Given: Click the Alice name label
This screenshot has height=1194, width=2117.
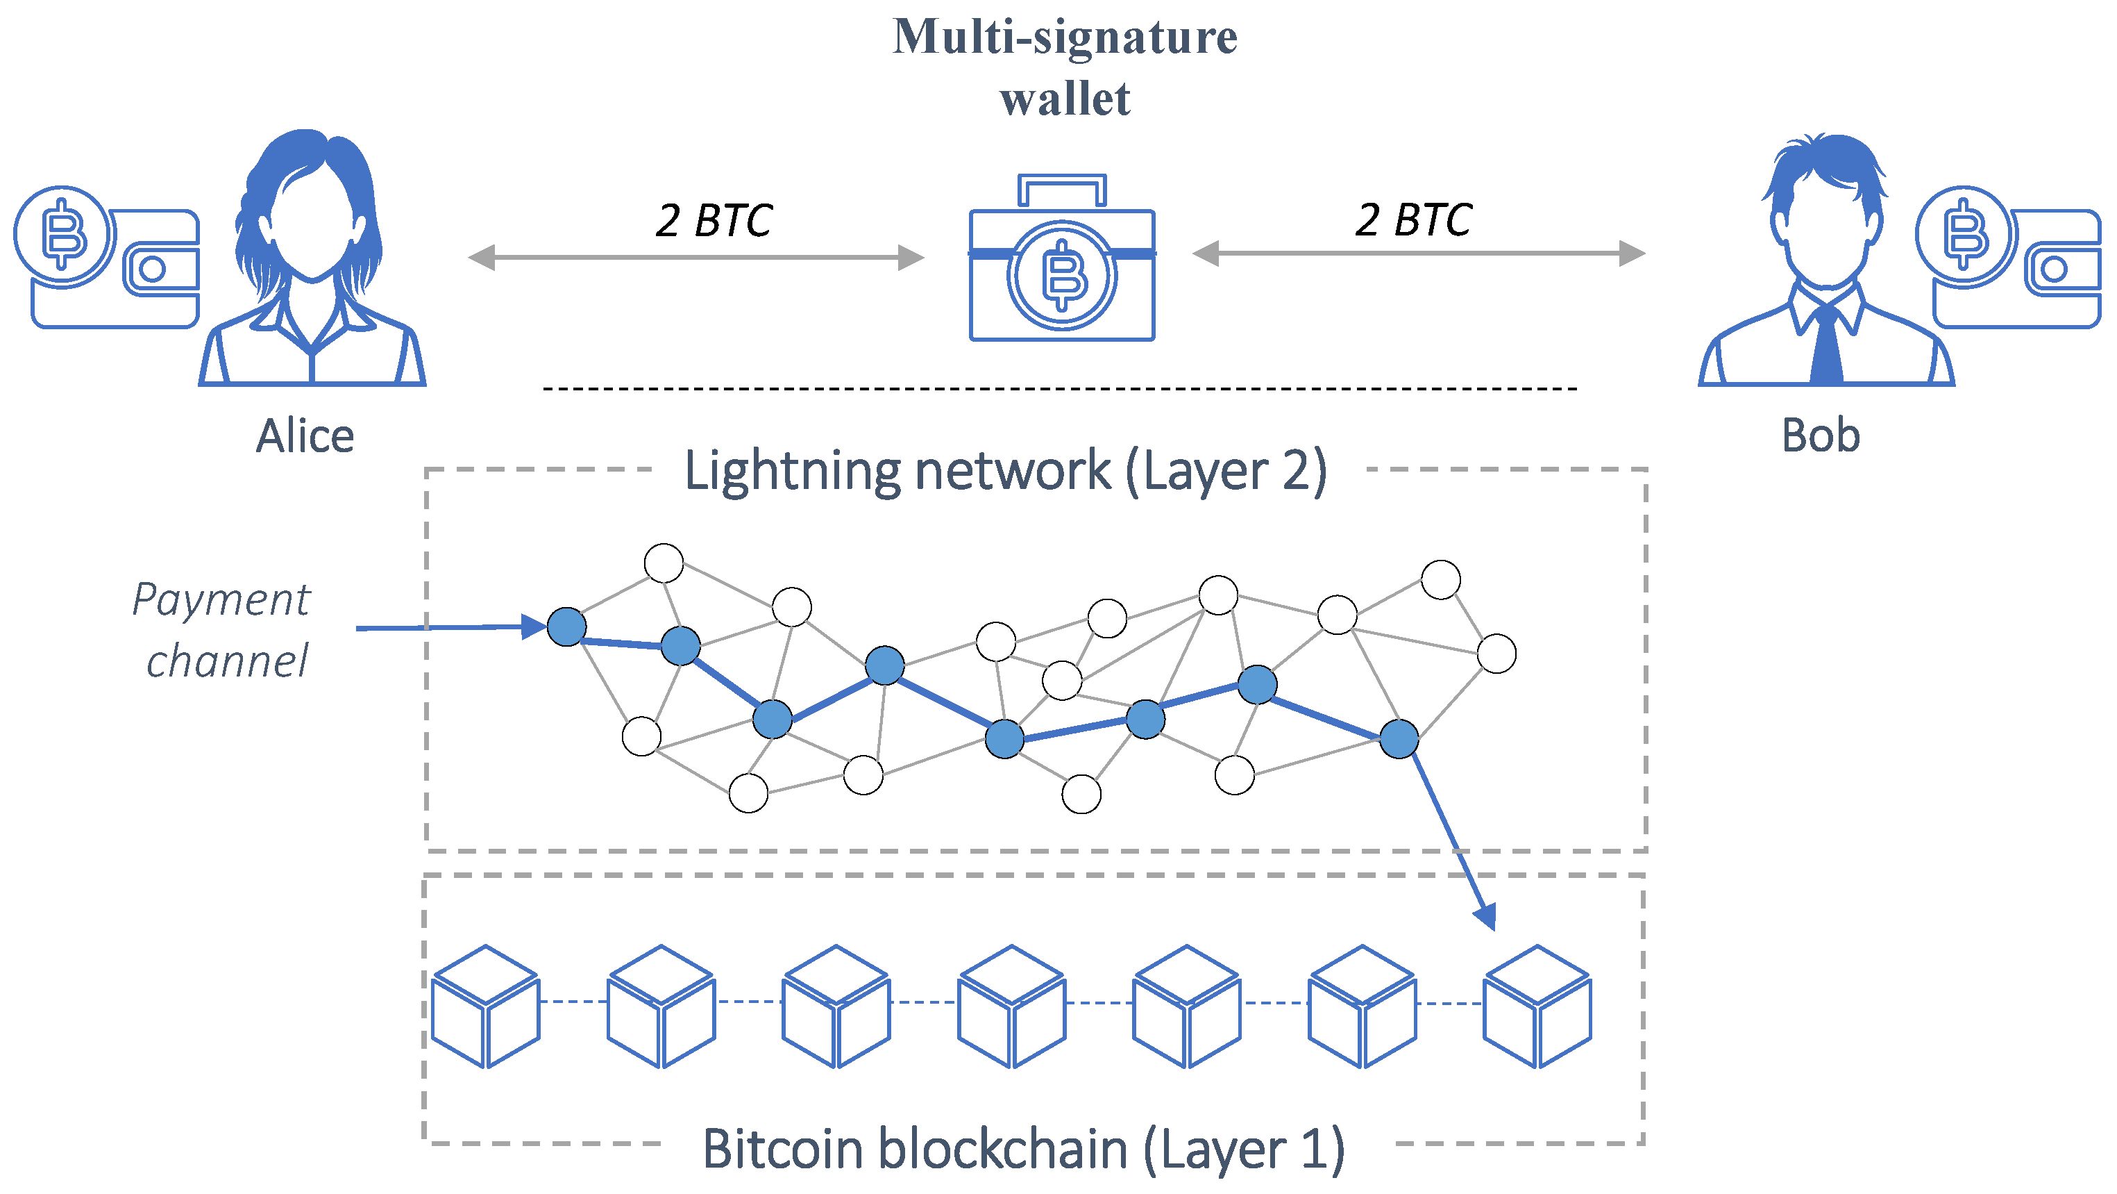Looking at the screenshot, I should click(x=305, y=436).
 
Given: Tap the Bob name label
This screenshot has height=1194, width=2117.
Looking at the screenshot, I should click(x=1821, y=435).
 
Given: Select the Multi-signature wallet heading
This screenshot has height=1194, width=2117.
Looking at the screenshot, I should click(x=1064, y=67).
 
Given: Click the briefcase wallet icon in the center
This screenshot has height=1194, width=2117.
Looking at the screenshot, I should click(x=1062, y=276).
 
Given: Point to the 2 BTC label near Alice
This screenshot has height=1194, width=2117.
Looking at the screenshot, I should click(x=713, y=220).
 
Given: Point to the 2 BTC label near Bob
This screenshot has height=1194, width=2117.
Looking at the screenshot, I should click(x=1412, y=219).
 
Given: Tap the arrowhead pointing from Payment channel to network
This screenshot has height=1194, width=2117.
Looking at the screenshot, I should click(x=534, y=627).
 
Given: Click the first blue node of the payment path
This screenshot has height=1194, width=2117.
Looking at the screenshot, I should click(x=566, y=627).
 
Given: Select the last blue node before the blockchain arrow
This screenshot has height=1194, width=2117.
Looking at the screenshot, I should click(x=1399, y=738).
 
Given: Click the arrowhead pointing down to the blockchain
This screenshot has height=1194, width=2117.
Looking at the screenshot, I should click(x=1486, y=916).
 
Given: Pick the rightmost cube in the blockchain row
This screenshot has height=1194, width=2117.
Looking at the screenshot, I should click(x=1537, y=1006).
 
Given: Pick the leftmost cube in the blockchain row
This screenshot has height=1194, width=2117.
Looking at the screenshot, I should click(x=486, y=1006).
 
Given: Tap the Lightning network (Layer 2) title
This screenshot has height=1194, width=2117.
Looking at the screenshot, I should click(x=1005, y=471).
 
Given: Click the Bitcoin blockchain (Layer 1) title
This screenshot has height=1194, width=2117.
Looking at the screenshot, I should click(x=1023, y=1149).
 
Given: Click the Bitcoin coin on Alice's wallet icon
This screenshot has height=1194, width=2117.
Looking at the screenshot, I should click(x=63, y=235).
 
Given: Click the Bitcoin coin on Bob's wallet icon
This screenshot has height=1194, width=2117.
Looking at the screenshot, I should click(x=1965, y=235).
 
